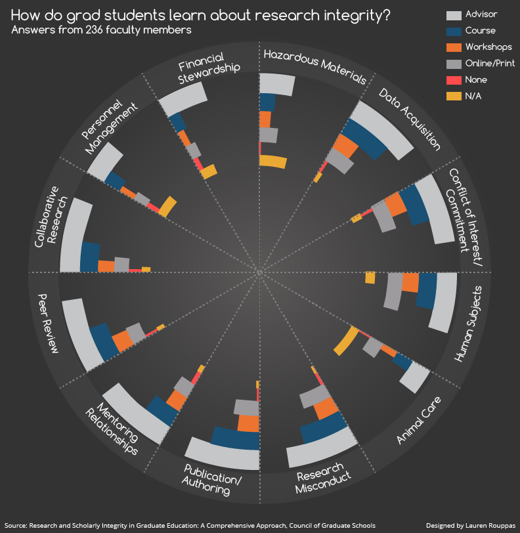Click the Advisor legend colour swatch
click(454, 15)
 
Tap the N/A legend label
click(473, 96)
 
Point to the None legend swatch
click(454, 80)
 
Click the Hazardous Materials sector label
click(315, 67)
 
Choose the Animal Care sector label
click(419, 420)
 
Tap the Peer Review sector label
click(48, 324)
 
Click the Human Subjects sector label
click(468, 324)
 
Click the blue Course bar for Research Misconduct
click(323, 427)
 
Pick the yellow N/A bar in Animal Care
click(346, 341)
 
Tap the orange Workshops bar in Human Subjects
click(410, 282)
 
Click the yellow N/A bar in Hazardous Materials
click(272, 161)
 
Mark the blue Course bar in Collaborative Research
click(90, 257)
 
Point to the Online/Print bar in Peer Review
click(136, 332)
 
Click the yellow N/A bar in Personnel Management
click(168, 207)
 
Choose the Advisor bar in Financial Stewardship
click(183, 99)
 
